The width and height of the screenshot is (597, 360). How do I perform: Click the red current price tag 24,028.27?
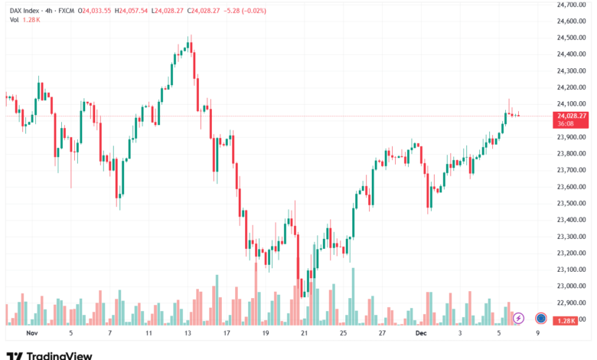pyautogui.click(x=572, y=116)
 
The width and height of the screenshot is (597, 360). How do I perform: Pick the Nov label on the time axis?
pyautogui.click(x=32, y=333)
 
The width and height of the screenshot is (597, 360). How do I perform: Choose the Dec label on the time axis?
pyautogui.click(x=420, y=333)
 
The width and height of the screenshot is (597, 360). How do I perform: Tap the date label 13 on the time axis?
pyautogui.click(x=188, y=333)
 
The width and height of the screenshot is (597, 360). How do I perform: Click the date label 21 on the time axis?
pyautogui.click(x=304, y=333)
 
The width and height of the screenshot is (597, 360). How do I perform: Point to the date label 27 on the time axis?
pyautogui.click(x=381, y=333)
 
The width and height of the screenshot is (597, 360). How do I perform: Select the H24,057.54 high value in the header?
pyautogui.click(x=132, y=9)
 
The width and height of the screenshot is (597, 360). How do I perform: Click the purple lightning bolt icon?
pyautogui.click(x=518, y=318)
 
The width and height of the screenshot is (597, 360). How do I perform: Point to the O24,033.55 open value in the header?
pyautogui.click(x=92, y=9)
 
